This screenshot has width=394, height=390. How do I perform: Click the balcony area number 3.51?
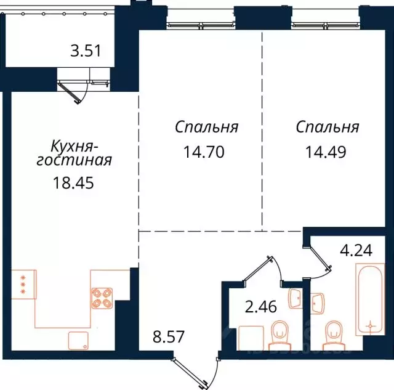(85, 52)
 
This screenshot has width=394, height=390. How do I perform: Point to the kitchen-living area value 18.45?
(73, 183)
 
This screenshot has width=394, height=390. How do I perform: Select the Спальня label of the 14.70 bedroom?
(206, 128)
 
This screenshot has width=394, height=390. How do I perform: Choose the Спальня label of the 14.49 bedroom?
(327, 128)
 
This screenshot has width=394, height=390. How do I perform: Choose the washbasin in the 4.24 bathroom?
(318, 303)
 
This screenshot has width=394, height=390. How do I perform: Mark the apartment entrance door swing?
(197, 370)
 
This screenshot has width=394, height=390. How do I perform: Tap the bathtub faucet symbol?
(370, 325)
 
